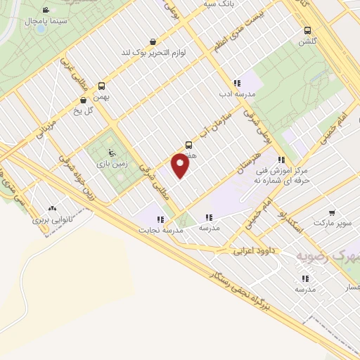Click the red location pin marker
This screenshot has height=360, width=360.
coord(180,166)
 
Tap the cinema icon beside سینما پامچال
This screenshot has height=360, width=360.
coord(46,10)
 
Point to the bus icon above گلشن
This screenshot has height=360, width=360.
coord(307,30)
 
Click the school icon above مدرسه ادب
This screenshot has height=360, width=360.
coord(237,83)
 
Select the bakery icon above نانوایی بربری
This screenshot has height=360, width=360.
coord(51,209)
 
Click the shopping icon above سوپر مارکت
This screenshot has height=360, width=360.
coord(330,211)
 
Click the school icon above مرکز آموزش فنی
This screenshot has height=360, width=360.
coord(282,160)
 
